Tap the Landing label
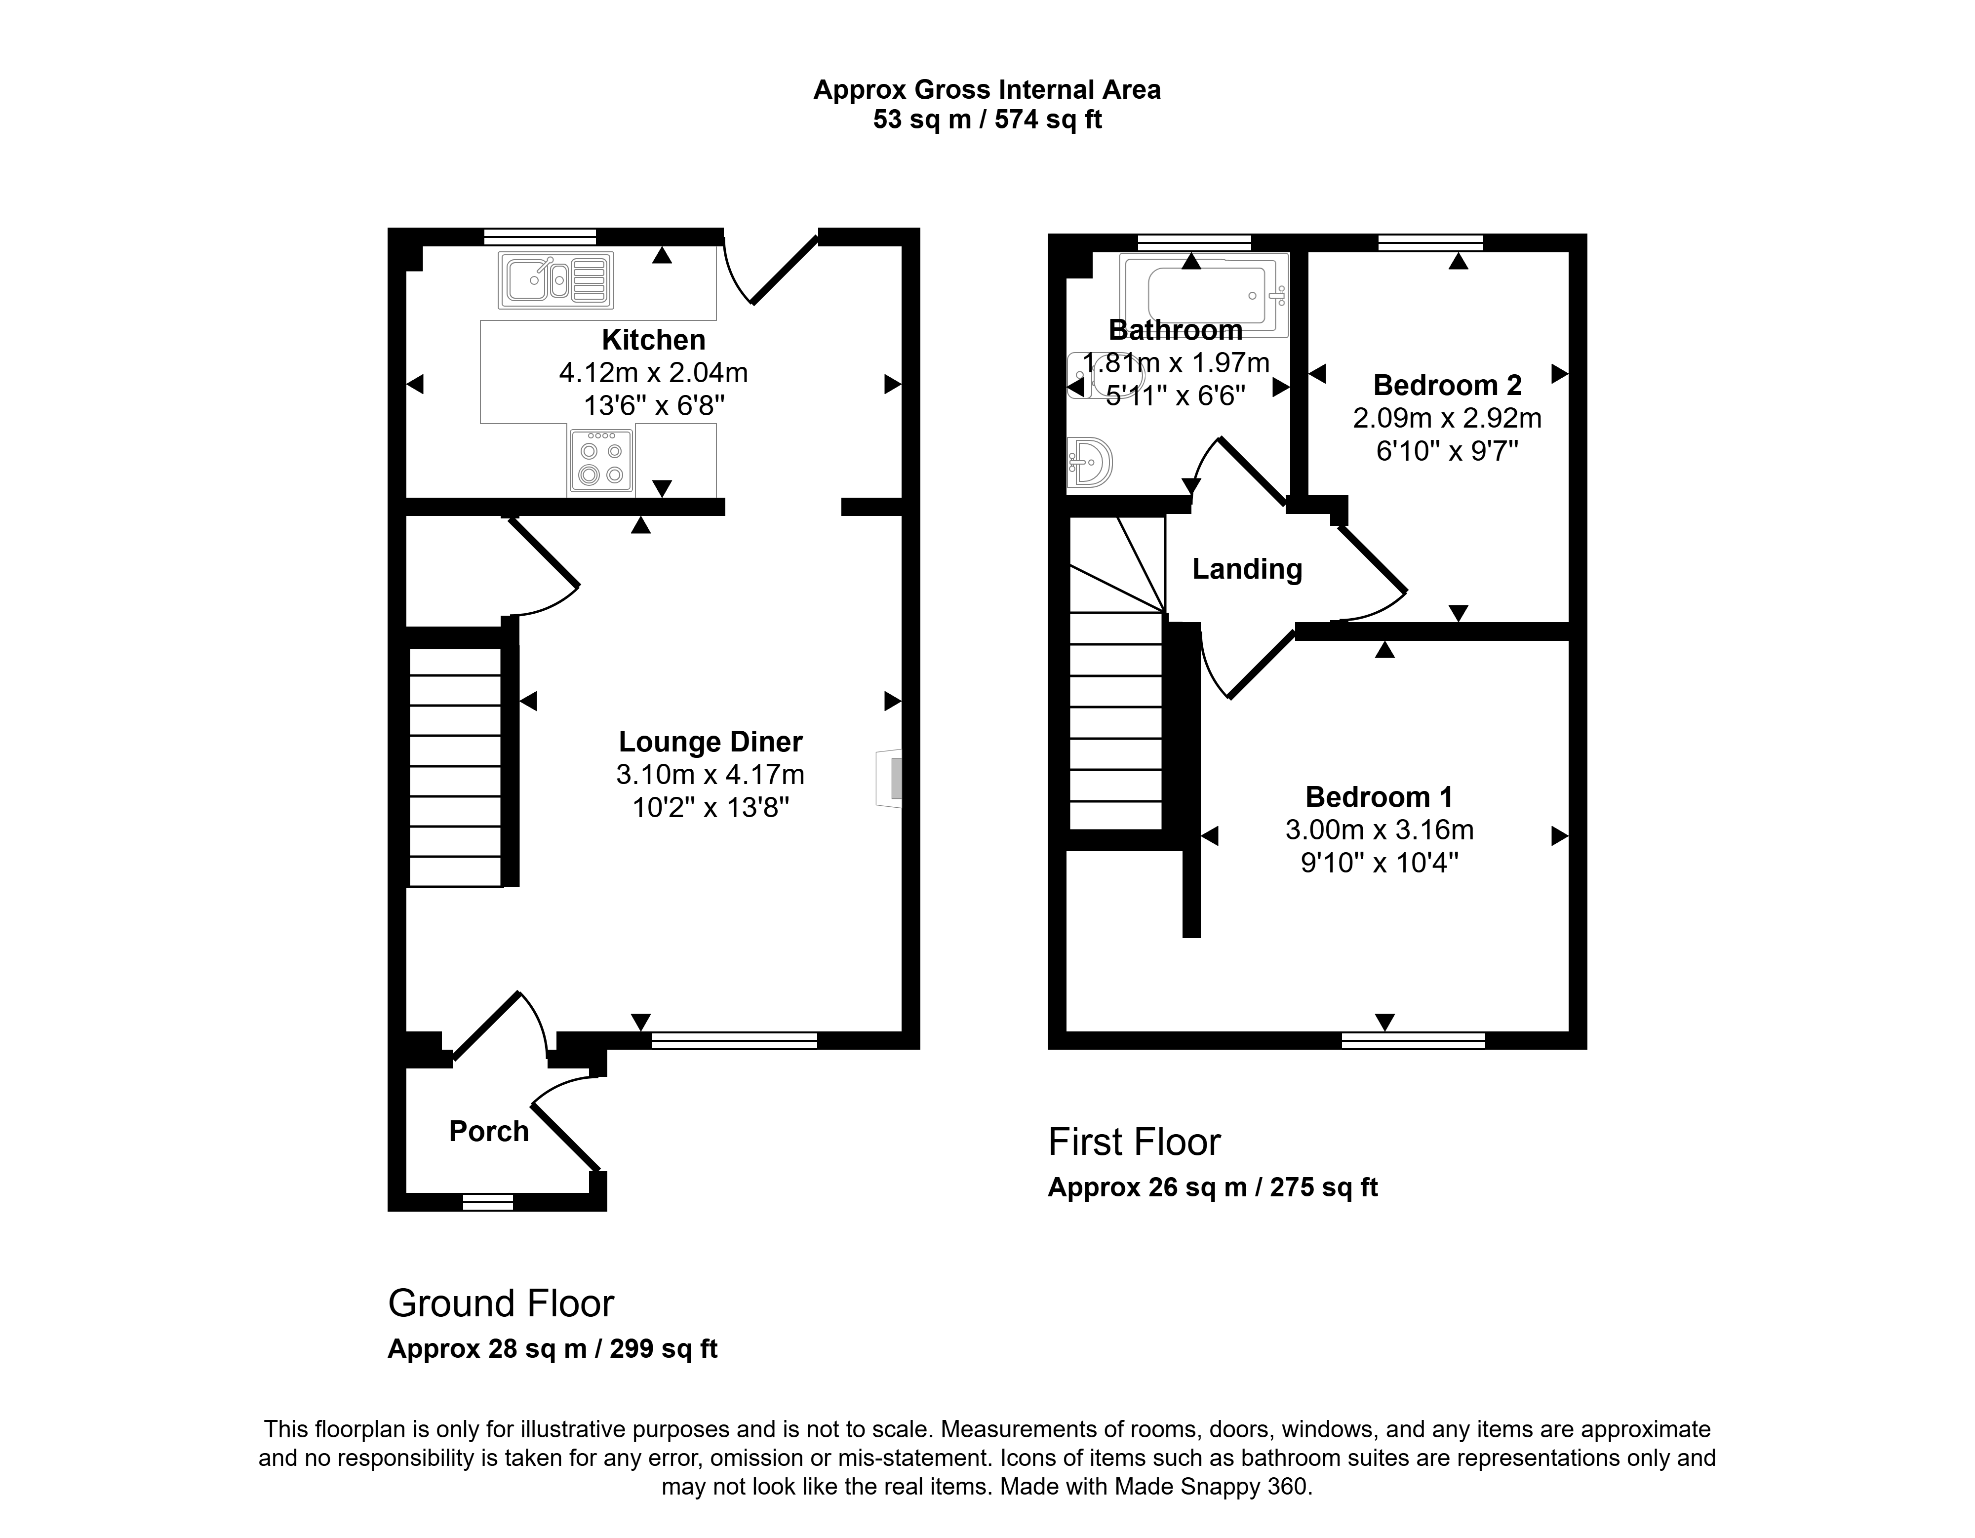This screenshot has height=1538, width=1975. coord(1247,569)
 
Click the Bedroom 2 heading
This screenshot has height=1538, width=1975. coord(1447,385)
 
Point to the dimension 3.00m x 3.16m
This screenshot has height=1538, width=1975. coord(1379,830)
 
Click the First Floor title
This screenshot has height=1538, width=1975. coord(1134,1142)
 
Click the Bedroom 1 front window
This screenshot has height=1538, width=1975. coord(1414,1041)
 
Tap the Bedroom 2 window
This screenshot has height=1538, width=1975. coord(1430,242)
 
